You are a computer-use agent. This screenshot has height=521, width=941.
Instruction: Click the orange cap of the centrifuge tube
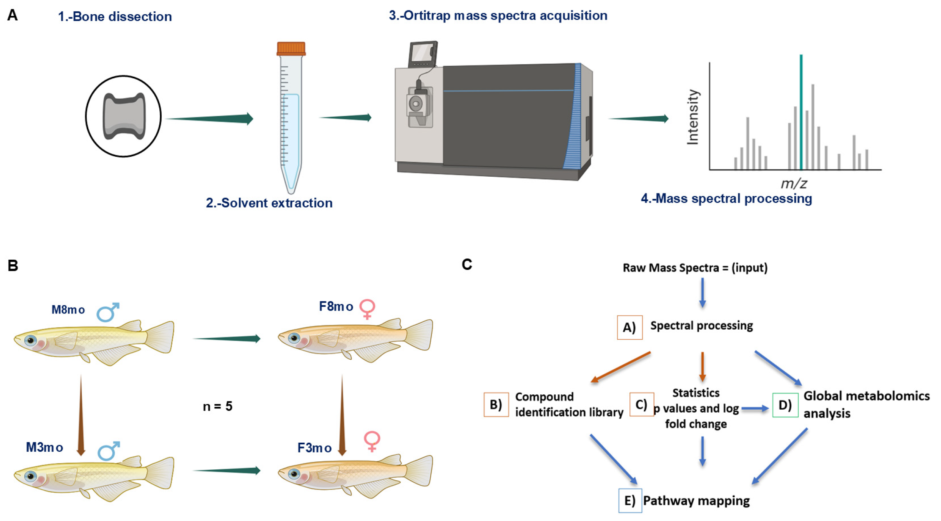291,48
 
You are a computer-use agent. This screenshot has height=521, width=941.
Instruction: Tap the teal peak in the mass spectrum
801,112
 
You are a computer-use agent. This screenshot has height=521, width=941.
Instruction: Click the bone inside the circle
124,116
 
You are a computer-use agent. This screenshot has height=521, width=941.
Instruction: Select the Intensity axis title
693,117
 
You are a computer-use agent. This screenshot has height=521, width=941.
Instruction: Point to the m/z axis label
794,183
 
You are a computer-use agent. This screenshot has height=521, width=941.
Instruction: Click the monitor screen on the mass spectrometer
422,53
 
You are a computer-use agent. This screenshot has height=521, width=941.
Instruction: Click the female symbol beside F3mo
372,441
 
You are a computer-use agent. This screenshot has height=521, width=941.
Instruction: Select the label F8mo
336,306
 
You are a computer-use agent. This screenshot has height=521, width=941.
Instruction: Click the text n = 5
218,406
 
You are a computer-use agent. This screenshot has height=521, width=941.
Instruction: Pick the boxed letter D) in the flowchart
785,405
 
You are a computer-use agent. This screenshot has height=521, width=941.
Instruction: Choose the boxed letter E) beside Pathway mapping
630,501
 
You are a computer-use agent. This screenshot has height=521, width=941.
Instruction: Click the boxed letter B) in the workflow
496,404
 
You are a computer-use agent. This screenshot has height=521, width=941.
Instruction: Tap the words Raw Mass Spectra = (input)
695,268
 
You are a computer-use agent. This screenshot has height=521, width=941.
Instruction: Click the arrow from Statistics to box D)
755,409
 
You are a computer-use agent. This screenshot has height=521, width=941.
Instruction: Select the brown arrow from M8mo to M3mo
81,415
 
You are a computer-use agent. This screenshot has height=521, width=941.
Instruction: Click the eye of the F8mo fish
294,338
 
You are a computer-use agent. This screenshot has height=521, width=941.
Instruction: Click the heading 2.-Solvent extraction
269,203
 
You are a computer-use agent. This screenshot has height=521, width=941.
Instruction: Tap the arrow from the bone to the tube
209,118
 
